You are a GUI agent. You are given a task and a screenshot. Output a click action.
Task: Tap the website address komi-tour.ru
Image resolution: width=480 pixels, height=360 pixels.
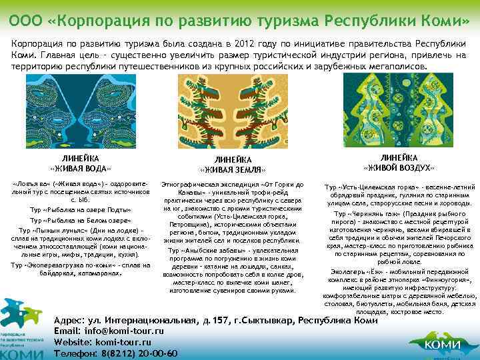pos(129,342)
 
